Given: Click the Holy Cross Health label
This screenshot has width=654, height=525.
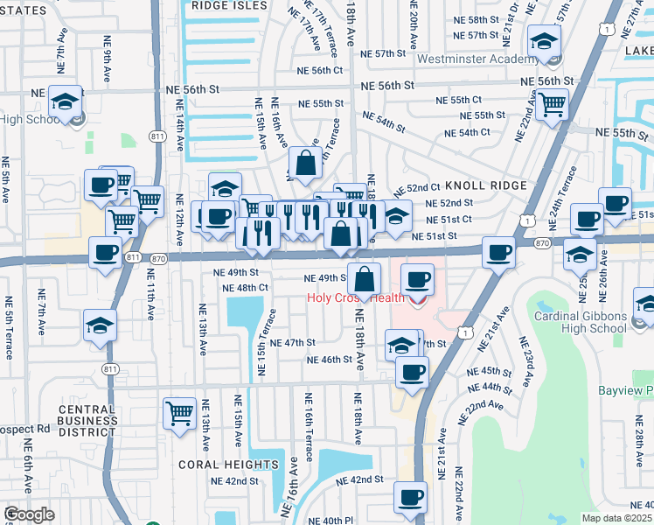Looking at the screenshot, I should (355, 297).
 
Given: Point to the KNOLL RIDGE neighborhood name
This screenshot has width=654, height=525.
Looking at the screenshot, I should (486, 185).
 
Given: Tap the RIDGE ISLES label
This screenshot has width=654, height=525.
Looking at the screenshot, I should (229, 5).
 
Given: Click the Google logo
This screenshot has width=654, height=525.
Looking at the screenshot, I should (29, 515).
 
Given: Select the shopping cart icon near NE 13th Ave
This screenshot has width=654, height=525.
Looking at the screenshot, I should (179, 411).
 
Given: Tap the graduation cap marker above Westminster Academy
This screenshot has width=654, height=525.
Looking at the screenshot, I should (544, 41).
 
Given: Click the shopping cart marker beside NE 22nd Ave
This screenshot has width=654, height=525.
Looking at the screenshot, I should (552, 104).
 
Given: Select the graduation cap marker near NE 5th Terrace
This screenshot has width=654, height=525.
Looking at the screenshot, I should (100, 326).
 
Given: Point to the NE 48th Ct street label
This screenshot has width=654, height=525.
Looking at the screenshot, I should (245, 288).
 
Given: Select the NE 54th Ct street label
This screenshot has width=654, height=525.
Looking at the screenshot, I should (467, 133).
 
